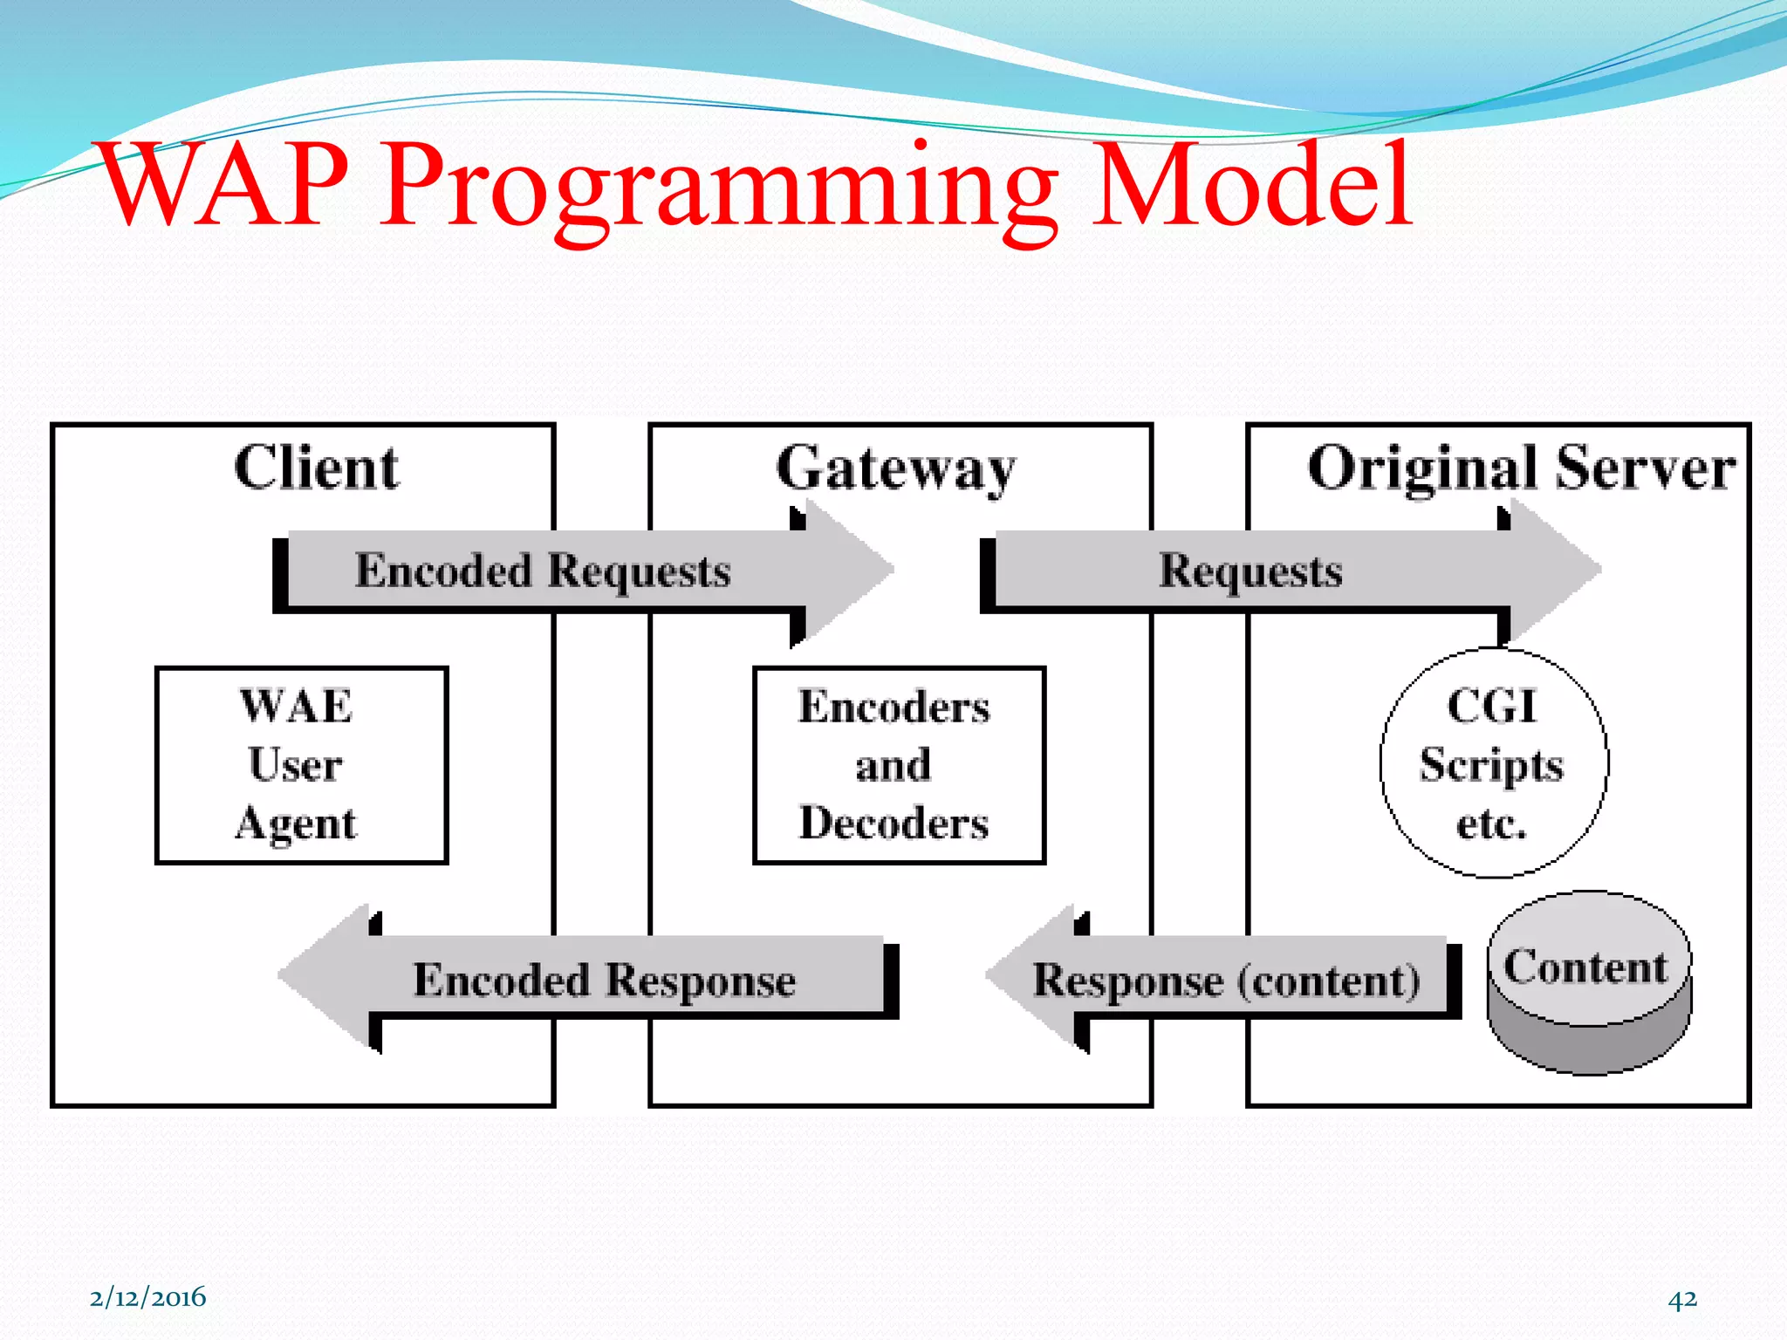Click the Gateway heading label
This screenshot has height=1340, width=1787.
coord(896,469)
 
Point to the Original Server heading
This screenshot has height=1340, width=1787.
coord(1521,469)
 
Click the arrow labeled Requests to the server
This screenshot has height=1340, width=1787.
coord(1250,571)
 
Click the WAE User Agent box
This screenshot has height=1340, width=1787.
coord(301,765)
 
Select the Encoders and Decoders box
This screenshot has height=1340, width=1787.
coord(899,765)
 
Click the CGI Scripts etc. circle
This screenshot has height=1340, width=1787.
coord(1493,762)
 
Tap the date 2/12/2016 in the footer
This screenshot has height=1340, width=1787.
coord(147,1297)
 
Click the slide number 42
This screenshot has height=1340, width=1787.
coord(1682,1299)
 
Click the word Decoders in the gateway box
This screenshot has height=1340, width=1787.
coord(894,823)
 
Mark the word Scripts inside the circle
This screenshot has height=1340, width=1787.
coord(1491,766)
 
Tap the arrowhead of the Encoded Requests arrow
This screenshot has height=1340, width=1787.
coord(846,571)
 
